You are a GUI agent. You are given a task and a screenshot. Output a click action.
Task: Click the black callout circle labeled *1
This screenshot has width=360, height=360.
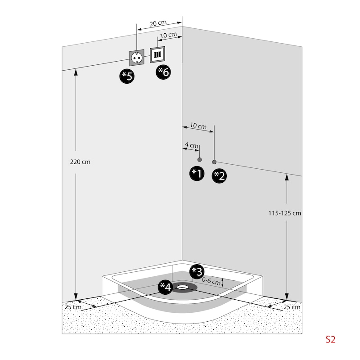coord(197,173)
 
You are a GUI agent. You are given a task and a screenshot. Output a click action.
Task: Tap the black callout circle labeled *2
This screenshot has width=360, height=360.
coord(219,175)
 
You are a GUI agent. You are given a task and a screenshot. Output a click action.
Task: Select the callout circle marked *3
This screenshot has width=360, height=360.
coord(197,271)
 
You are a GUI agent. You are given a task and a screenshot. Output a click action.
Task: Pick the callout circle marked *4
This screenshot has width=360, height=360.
coord(166,287)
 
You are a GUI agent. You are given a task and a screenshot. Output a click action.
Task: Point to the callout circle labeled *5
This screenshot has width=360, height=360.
coord(127,76)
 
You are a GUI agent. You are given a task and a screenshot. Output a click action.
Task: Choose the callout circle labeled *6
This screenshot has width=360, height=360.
coord(163,72)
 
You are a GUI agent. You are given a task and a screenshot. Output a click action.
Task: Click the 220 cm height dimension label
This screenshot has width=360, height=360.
coord(81,162)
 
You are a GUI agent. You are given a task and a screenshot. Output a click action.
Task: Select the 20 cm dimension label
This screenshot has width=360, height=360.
coord(158,23)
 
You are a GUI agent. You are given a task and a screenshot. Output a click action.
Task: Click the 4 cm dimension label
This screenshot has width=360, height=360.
coord(191,145)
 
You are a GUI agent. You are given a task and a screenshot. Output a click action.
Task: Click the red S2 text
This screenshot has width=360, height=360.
coord(331,339)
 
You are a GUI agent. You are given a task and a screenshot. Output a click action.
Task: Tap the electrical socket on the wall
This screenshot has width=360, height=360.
coord(137,58)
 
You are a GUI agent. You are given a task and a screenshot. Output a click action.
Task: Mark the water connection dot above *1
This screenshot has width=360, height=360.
coord(199,160)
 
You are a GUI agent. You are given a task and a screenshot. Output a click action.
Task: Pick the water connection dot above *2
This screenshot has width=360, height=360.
coord(214,162)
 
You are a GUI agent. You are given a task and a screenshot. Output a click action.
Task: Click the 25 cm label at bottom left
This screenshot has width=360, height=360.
coord(72,307)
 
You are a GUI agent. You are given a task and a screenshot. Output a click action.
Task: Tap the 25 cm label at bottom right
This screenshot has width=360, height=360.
coord(292,307)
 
